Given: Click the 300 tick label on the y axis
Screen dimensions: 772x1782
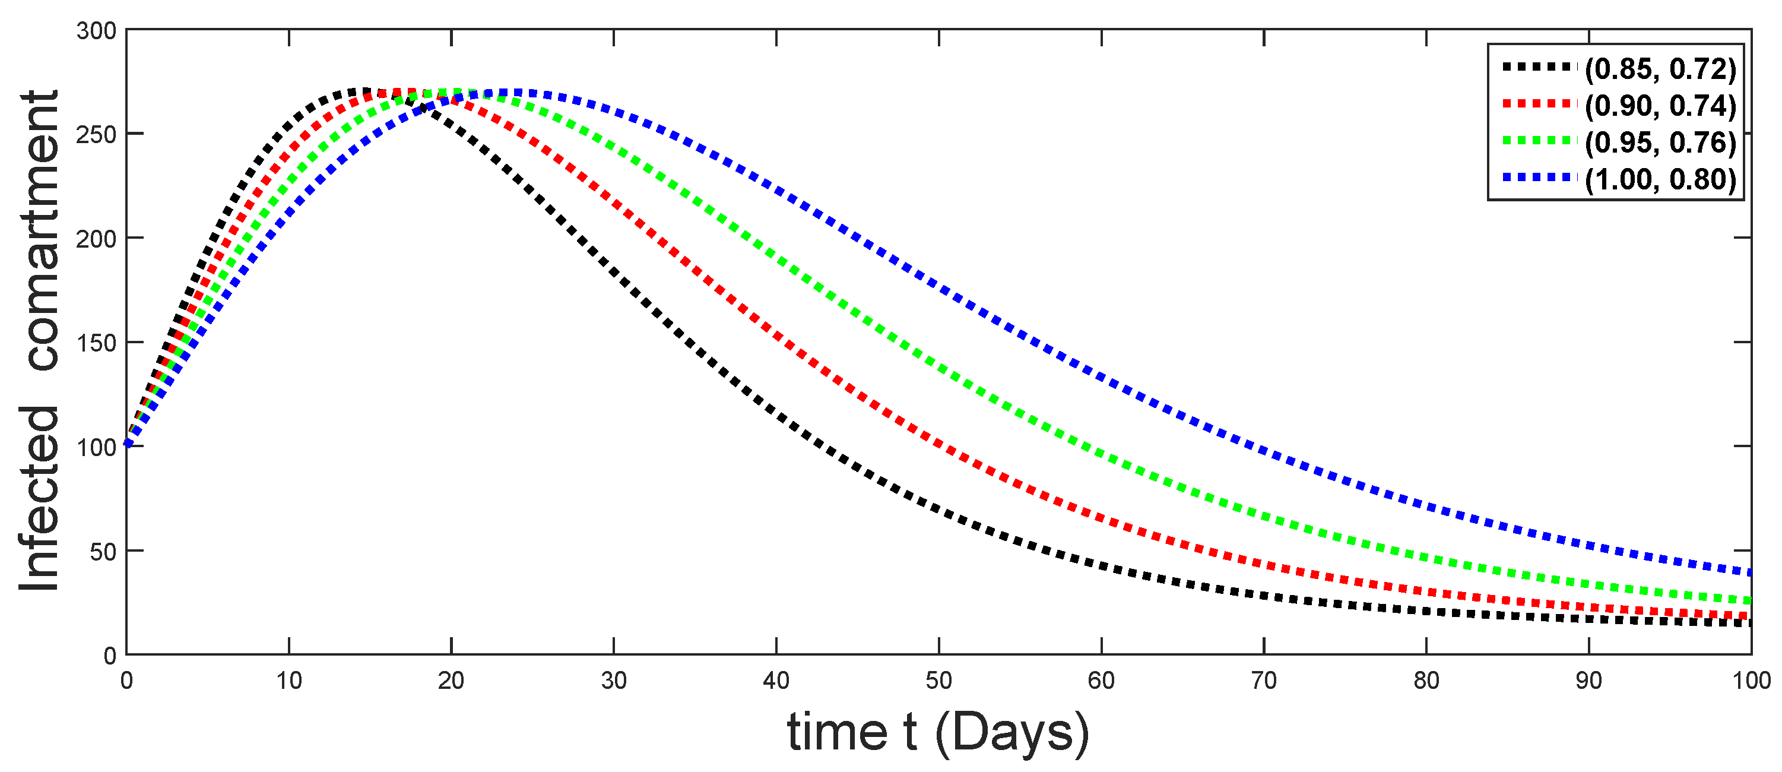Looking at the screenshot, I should click(x=96, y=31).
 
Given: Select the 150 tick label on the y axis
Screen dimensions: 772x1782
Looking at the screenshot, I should click(x=96, y=343).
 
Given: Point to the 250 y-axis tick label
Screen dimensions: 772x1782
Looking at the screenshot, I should click(x=96, y=135).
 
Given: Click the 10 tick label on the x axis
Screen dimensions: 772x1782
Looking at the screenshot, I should click(x=288, y=681).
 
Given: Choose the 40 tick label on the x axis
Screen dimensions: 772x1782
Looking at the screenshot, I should click(x=776, y=681).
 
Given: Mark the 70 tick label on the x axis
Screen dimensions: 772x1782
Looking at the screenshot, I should click(x=1264, y=681).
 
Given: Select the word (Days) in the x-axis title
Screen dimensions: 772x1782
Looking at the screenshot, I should click(x=1012, y=733).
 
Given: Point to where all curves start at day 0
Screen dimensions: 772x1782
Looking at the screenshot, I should click(x=127, y=444).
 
